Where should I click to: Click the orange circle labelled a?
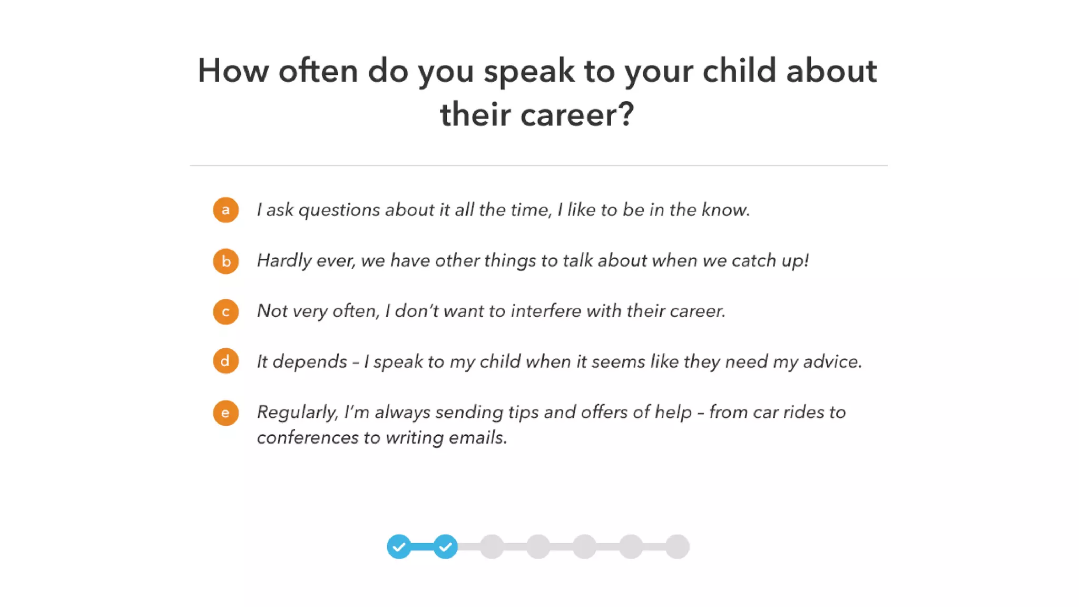pos(225,210)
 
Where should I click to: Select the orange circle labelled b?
pos(225,261)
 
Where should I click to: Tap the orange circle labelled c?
pos(225,311)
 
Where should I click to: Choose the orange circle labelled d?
pos(225,361)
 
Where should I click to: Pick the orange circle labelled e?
pos(225,413)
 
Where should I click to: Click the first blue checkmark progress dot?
pos(399,546)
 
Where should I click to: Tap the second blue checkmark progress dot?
pos(445,546)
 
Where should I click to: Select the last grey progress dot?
pos(677,546)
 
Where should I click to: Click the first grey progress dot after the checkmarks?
pos(492,546)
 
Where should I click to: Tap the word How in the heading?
pos(233,71)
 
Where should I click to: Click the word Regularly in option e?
pos(297,413)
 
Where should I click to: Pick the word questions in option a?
pos(339,210)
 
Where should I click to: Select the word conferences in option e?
pos(307,437)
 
